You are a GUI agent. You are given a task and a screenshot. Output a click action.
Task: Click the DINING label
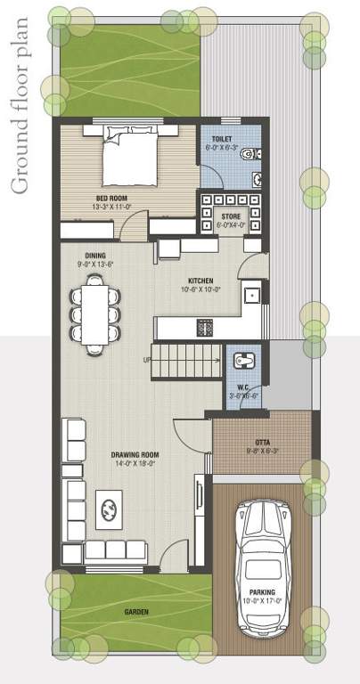pos(97,256)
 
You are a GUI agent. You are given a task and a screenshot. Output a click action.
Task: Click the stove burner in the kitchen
pos(205,328)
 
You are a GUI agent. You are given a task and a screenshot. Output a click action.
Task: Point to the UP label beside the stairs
pos(147,360)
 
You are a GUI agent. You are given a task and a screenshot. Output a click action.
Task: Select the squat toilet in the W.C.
pos(243,361)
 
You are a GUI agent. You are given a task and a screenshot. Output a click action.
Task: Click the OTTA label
pos(262,443)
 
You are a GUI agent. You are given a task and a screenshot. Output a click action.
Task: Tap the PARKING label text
pos(262,592)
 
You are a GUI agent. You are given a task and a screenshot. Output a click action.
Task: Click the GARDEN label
pos(136,612)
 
